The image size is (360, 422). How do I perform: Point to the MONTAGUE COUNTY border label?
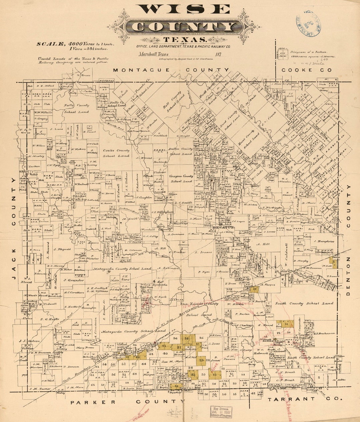coord(171,70)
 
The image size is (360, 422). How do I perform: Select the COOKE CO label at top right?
coord(307,70)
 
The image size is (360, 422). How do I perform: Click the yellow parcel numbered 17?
coord(254,289)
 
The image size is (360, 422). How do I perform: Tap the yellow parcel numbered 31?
coord(287,324)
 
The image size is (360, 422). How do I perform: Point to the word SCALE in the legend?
coord(51,44)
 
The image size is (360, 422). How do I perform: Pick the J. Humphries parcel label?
coord(324,241)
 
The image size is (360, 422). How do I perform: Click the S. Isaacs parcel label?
coord(203,252)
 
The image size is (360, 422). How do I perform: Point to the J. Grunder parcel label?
coord(74,280)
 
